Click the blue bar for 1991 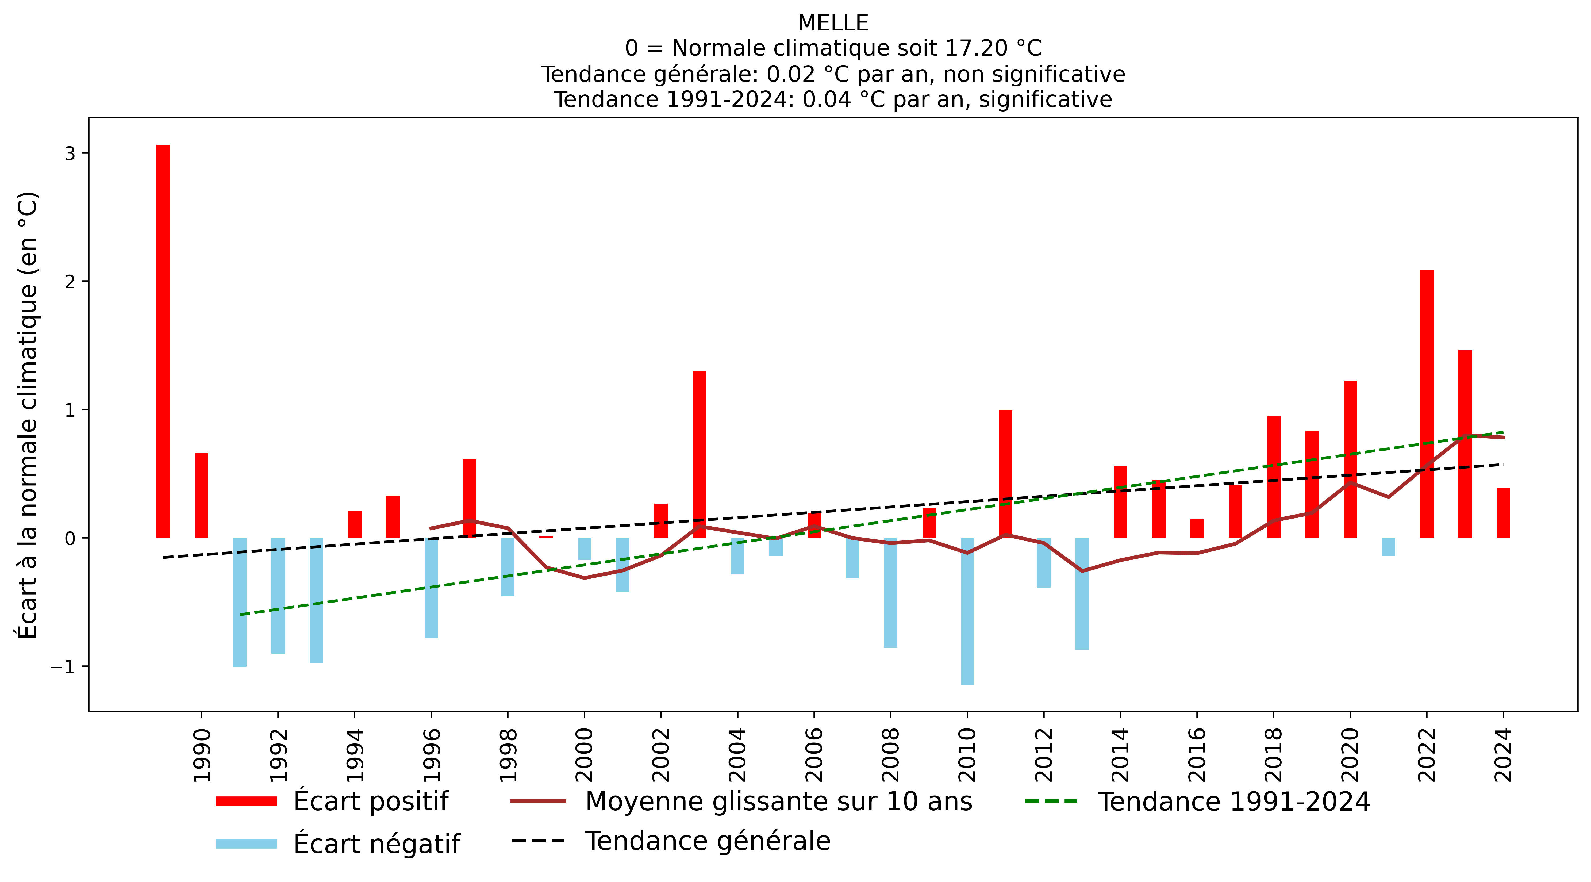pos(240,602)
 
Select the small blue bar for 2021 pos(1388,547)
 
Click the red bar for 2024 pos(1503,513)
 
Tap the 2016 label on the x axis pos(1197,755)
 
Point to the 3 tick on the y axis pos(70,153)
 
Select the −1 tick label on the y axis pos(62,666)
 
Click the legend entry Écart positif pos(371,801)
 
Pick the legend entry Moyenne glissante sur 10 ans pos(778,801)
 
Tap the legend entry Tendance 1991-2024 pos(1233,801)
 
